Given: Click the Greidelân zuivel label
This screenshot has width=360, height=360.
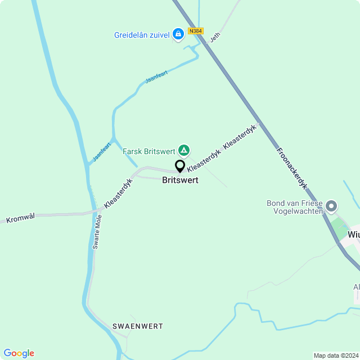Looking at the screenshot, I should click(142, 35).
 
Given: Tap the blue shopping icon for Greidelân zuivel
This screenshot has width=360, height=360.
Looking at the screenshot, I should click(178, 34).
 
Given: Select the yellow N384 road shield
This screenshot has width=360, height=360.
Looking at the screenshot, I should click(195, 31).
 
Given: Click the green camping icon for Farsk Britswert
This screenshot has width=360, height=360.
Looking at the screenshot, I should click(183, 150).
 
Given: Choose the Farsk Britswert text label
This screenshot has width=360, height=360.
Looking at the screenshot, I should click(148, 151).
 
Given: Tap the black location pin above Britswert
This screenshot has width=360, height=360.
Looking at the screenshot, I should click(180, 166).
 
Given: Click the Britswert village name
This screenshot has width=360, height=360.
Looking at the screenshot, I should click(180, 181).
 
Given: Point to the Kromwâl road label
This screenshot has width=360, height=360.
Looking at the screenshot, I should click(20, 217).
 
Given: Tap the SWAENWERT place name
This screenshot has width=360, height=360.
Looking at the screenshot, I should click(138, 326).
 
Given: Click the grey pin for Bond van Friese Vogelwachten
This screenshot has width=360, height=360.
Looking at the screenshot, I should click(331, 206).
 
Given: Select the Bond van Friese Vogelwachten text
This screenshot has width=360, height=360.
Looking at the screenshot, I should click(295, 207).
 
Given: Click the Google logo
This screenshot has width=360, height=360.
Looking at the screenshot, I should click(19, 353).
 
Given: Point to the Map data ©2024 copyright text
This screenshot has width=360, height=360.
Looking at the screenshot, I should click(336, 355).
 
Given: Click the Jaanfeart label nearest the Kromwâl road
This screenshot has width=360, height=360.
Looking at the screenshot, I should click(102, 151).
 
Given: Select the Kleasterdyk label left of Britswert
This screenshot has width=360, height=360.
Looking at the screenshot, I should click(118, 194).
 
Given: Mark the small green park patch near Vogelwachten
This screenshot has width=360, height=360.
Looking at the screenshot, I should click(339, 228).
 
